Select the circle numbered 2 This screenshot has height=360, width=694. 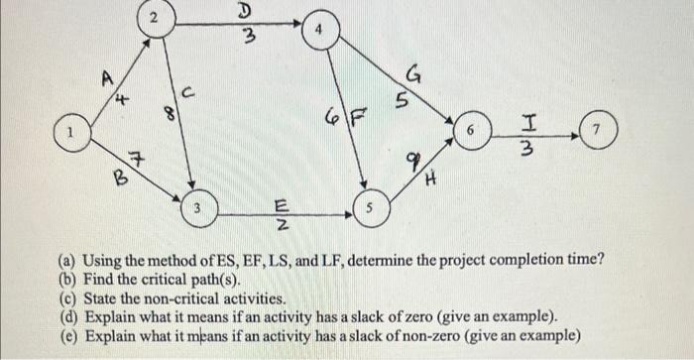(x=153, y=19)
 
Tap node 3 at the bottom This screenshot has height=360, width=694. (x=198, y=210)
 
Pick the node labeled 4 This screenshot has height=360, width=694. (x=319, y=30)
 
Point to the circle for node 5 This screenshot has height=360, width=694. (x=368, y=210)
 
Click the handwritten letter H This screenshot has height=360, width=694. (x=431, y=180)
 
